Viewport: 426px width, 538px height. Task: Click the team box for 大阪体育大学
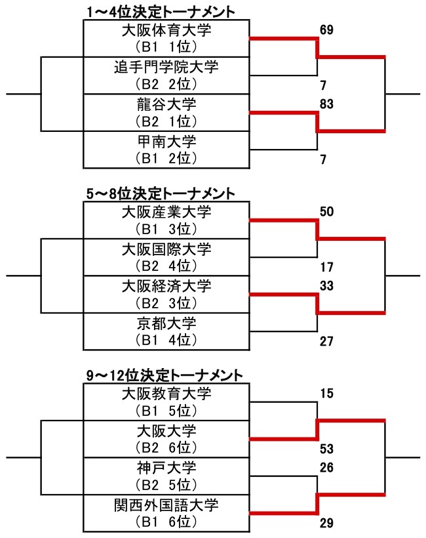(x=166, y=38)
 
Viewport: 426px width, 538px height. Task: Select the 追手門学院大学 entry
(x=166, y=75)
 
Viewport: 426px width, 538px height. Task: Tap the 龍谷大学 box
(x=166, y=112)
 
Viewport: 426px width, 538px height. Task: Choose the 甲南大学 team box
(x=166, y=150)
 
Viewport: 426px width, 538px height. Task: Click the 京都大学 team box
(x=166, y=331)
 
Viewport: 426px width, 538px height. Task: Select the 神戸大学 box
(x=166, y=476)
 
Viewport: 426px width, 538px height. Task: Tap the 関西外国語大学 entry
(x=166, y=514)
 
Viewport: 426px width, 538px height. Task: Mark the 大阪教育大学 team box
(x=166, y=402)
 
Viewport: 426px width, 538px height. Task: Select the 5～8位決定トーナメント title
(x=161, y=193)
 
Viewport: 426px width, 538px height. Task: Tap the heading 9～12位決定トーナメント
(x=164, y=375)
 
